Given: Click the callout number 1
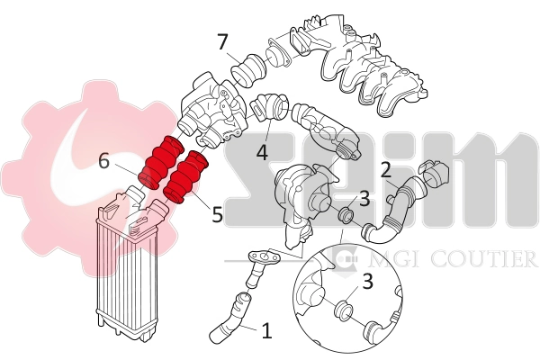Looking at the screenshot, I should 265,330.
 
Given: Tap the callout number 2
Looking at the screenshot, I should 385,169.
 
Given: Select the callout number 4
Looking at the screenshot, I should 262,152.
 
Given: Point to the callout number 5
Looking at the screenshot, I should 217,216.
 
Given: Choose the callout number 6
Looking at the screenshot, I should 104,161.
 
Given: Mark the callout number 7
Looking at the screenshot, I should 222,41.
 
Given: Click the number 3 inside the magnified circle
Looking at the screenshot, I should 367,282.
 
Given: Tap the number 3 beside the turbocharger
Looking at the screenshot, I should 364,198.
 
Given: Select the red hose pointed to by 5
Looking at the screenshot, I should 185,176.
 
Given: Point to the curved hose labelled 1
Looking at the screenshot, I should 231,320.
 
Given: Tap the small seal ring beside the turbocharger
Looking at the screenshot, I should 343,216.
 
